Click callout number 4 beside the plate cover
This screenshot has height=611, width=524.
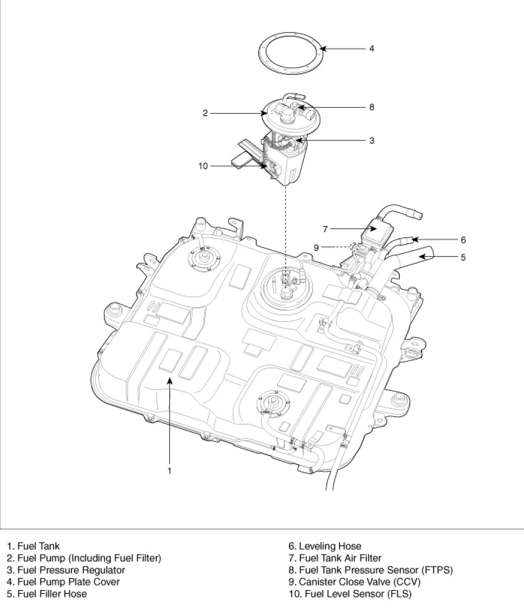point(371,48)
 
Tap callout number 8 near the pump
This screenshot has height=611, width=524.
point(371,107)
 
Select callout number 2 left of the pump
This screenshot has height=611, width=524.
point(205,113)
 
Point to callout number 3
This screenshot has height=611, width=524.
point(371,140)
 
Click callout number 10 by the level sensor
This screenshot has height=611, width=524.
point(203,166)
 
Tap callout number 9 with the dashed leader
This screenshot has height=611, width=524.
point(316,248)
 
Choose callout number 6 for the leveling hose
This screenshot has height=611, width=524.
point(463,240)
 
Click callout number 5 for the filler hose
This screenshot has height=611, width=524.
point(463,257)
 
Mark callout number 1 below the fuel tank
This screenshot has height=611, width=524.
point(169,471)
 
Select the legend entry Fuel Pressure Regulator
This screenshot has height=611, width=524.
point(66,570)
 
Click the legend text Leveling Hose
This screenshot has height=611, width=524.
point(325,546)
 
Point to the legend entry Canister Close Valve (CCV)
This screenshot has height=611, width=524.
point(354,582)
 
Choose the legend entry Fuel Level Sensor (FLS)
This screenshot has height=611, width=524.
point(350,594)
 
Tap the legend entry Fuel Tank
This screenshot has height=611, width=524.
point(33,546)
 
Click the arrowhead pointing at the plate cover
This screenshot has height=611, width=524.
point(323,48)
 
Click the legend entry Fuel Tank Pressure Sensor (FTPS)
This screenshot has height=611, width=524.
point(371,570)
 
